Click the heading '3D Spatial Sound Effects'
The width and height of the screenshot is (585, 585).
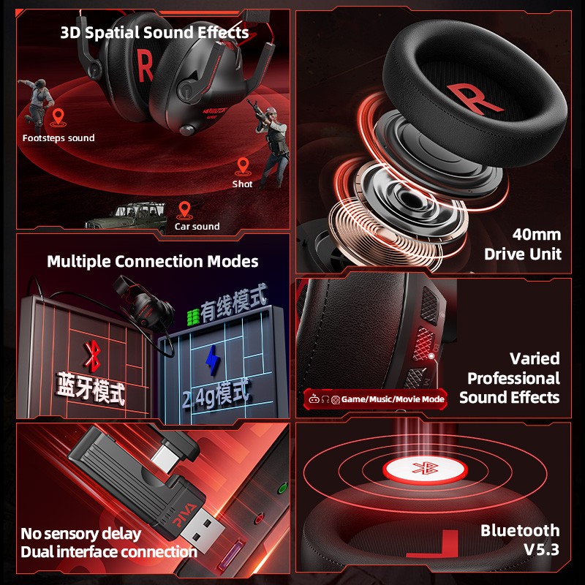(x=154, y=33)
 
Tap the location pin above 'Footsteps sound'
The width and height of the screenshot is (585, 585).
(x=58, y=117)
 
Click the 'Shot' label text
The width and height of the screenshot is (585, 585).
(x=242, y=184)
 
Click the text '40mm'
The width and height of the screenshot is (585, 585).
(x=537, y=235)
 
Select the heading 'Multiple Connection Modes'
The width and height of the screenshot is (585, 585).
(x=153, y=261)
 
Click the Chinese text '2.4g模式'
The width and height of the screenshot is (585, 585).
(x=216, y=396)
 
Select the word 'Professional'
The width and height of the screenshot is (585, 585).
(x=513, y=378)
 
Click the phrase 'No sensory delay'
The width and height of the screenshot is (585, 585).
(x=80, y=533)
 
